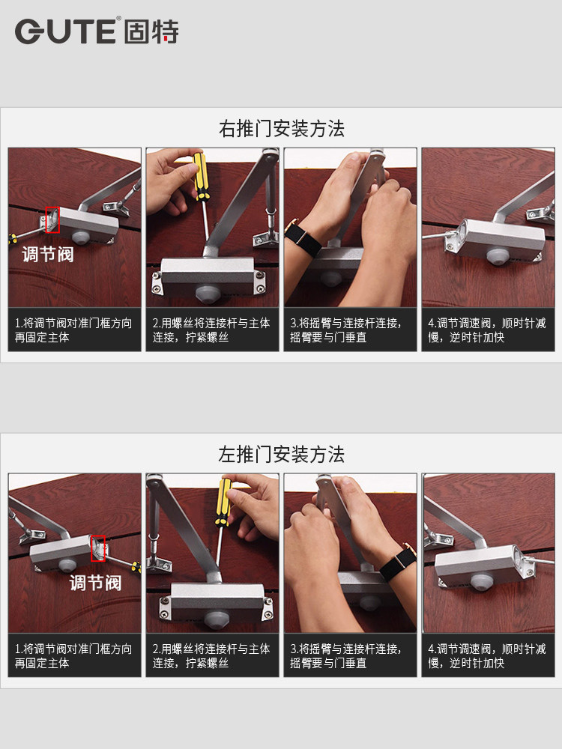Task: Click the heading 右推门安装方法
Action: coord(282,129)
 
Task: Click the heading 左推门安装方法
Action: coord(282,455)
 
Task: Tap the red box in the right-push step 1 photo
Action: coord(52,219)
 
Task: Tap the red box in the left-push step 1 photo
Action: coord(98,548)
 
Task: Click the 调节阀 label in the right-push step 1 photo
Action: coord(48,254)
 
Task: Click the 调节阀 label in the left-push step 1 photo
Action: coord(96,583)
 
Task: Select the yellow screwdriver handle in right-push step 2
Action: coord(201,176)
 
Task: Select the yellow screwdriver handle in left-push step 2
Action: coord(223,502)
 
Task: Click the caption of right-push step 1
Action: coord(73,330)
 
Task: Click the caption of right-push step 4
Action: coord(487,330)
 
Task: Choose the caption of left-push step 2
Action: coord(211,656)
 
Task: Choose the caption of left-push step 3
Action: coord(345,656)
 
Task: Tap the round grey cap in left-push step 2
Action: coord(217,619)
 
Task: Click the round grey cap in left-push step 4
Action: coord(481,582)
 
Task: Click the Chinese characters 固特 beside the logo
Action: coord(151,31)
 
